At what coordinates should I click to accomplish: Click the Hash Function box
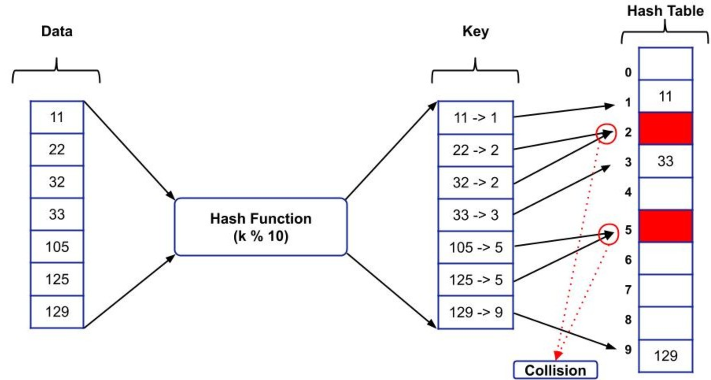click(x=260, y=227)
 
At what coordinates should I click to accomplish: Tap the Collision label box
click(x=555, y=370)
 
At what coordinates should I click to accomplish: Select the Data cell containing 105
click(x=57, y=247)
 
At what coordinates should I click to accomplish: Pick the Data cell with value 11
click(x=57, y=117)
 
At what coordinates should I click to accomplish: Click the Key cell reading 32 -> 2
click(x=476, y=183)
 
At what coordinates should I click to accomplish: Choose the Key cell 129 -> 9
click(x=476, y=312)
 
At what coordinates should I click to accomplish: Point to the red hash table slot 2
click(x=665, y=128)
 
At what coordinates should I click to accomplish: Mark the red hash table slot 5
click(x=665, y=226)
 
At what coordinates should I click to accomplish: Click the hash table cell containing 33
click(x=665, y=161)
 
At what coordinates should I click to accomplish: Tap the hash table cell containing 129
click(x=665, y=356)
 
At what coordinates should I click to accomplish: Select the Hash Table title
click(x=665, y=11)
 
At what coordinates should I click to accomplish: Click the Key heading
click(x=475, y=32)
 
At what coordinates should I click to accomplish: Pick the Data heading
click(x=57, y=31)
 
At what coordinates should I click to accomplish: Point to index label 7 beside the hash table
click(x=628, y=290)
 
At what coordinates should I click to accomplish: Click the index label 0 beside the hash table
click(x=628, y=72)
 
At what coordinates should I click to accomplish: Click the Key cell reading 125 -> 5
click(x=476, y=280)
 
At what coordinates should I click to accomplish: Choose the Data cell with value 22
click(x=57, y=150)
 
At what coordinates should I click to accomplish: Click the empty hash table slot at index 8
click(x=665, y=323)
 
